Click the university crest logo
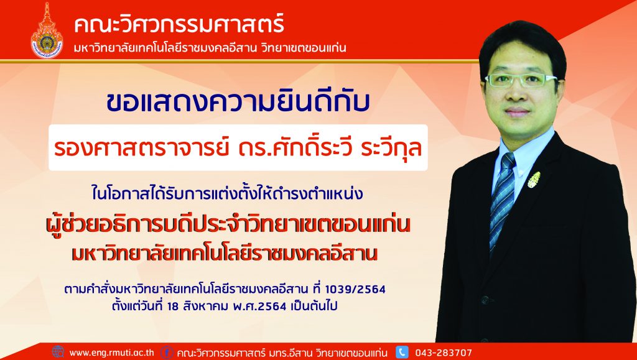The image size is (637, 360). pos(47,30)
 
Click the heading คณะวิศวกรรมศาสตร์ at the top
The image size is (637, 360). pos(179,24)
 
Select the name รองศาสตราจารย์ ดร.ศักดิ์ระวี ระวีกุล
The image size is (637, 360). pos(238,148)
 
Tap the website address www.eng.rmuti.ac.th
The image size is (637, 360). pos(112,353)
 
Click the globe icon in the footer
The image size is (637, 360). pos(58,352)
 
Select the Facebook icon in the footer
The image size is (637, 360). pos(167,352)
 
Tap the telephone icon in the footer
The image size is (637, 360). pos(402,352)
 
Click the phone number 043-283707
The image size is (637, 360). pos(444,353)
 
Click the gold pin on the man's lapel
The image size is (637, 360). pos(534,180)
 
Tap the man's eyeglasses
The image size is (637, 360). pos(521,81)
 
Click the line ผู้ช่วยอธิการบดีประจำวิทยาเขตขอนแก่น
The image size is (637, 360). pos(228,225)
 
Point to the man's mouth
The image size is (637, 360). pos(517,111)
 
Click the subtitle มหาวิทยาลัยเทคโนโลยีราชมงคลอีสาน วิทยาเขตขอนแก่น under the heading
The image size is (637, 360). pos(210,48)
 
